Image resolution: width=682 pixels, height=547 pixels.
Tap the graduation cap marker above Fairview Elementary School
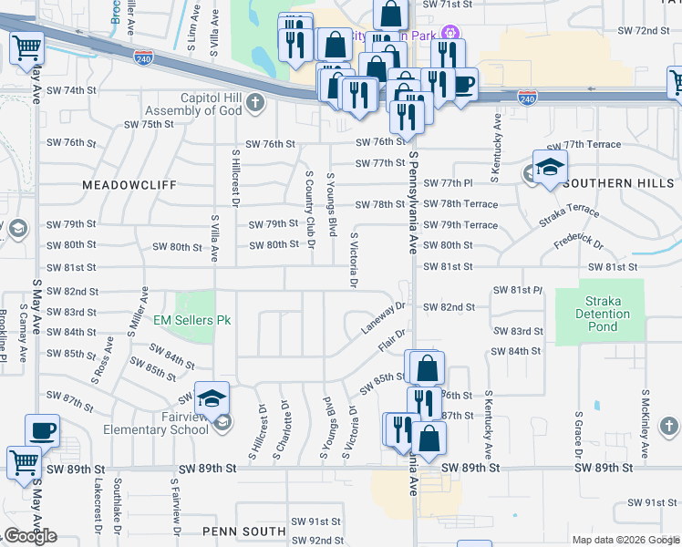(x=211, y=398)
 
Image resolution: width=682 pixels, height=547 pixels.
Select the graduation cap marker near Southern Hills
(x=550, y=168)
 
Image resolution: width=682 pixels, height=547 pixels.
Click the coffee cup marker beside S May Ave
(x=43, y=430)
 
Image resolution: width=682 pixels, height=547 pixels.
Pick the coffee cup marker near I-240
(x=463, y=85)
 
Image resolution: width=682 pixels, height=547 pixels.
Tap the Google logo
(x=30, y=536)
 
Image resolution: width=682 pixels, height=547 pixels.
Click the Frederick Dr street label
(x=578, y=243)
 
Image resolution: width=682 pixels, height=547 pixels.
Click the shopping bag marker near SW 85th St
(x=426, y=369)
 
